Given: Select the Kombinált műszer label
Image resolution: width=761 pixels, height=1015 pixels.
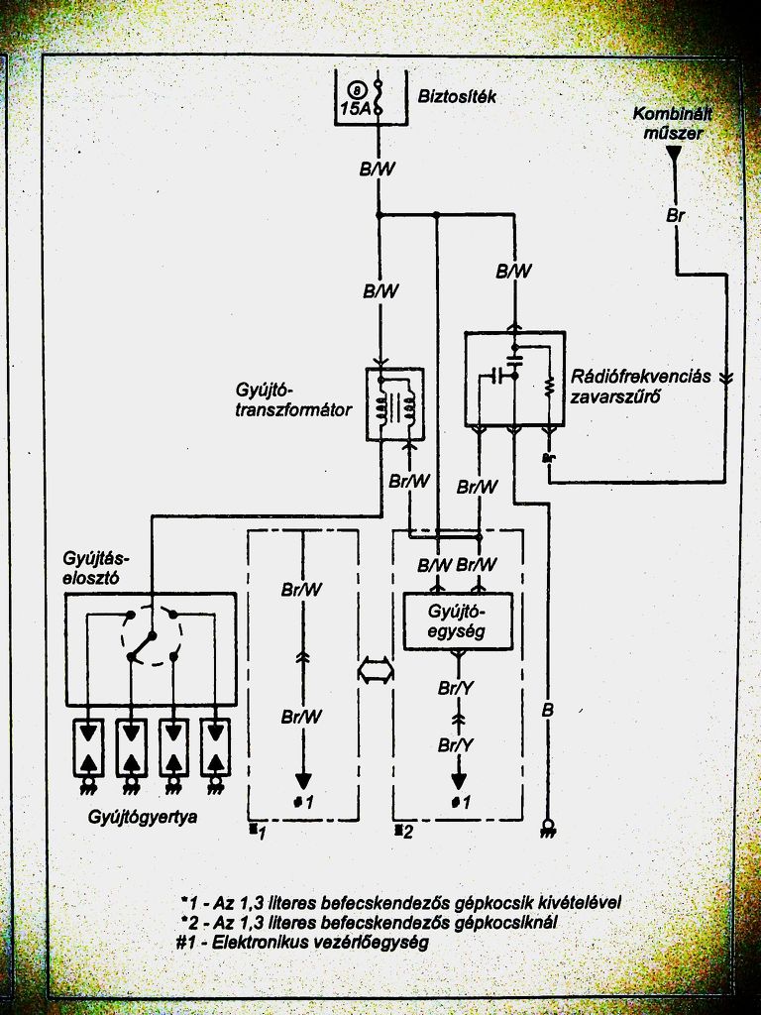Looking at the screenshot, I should tap(674, 122).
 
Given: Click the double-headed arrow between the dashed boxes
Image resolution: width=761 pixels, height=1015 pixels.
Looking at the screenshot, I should tap(374, 671).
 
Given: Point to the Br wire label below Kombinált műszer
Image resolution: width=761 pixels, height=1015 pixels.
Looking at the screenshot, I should tap(675, 215).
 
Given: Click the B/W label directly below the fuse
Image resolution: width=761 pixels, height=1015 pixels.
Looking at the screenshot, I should tap(377, 169).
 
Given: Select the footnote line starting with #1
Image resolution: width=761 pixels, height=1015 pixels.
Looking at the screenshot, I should tap(304, 943).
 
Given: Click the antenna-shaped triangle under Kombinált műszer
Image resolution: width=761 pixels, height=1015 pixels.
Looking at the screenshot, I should tap(674, 154).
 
